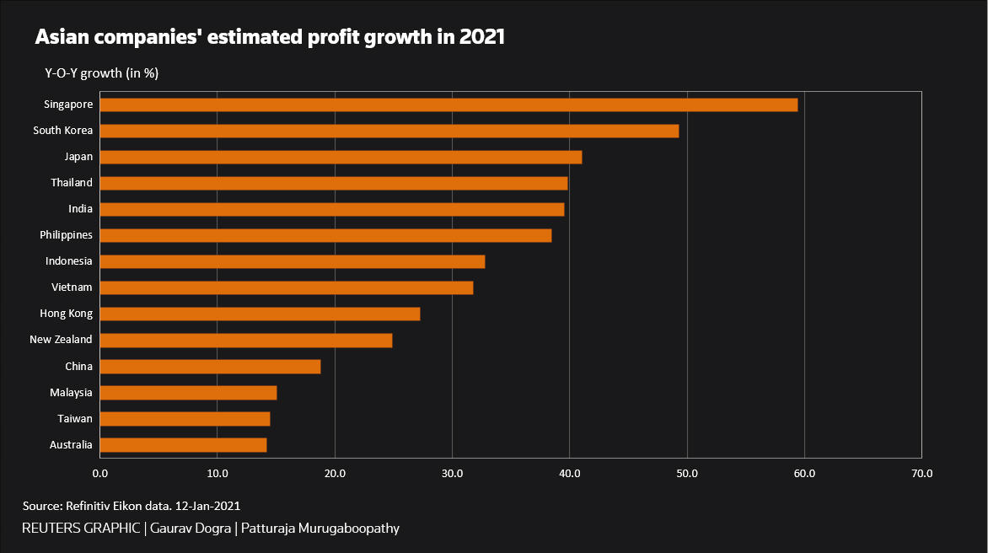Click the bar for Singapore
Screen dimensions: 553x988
pos(448,105)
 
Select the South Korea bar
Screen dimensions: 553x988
pos(389,131)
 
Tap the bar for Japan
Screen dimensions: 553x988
pos(341,157)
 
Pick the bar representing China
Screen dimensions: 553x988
pos(210,367)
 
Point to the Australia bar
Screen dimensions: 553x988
pos(183,445)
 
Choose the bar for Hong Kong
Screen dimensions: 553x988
pos(260,314)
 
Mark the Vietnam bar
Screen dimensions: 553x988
pos(287,288)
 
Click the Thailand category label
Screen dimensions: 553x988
pos(71,183)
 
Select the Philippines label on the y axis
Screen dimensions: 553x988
pos(66,235)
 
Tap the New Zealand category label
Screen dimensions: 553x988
pos(61,341)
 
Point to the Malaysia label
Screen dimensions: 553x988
pos(71,393)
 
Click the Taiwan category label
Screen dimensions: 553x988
pos(75,419)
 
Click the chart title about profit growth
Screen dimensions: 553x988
pos(269,38)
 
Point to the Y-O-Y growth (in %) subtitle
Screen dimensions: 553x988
pos(102,73)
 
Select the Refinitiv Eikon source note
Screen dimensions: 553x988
pos(132,507)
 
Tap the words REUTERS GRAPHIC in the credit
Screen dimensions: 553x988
pos(81,529)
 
